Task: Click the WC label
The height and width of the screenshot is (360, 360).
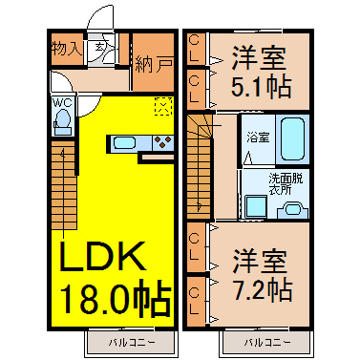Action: pyautogui.click(x=62, y=103)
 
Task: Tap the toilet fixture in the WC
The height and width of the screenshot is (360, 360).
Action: pyautogui.click(x=63, y=121)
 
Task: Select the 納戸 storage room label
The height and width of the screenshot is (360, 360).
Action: pyautogui.click(x=154, y=64)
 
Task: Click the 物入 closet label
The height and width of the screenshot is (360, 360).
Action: pyautogui.click(x=66, y=49)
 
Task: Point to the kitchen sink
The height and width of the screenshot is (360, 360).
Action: pyautogui.click(x=124, y=142)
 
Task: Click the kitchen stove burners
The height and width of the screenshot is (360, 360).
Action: pyautogui.click(x=163, y=142)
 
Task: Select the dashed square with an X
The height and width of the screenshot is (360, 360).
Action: pyautogui.click(x=163, y=106)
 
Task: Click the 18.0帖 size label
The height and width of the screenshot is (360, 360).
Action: pyautogui.click(x=116, y=300)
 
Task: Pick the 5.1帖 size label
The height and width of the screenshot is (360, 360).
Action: pyautogui.click(x=261, y=87)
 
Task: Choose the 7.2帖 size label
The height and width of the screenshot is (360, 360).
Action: pyautogui.click(x=263, y=289)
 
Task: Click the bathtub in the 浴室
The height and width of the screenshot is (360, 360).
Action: pyautogui.click(x=292, y=138)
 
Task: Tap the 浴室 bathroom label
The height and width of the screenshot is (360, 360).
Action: pyautogui.click(x=258, y=138)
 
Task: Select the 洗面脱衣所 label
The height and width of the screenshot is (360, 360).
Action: pyautogui.click(x=286, y=184)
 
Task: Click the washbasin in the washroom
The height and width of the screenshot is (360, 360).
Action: pyautogui.click(x=293, y=210)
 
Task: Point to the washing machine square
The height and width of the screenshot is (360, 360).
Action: pyautogui.click(x=256, y=207)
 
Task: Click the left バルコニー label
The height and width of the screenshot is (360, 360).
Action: pyautogui.click(x=132, y=343)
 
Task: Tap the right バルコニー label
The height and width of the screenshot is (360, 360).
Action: pyautogui.click(x=267, y=343)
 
